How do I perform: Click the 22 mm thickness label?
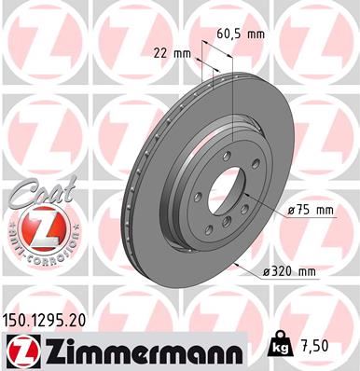pyautogui.click(x=168, y=52)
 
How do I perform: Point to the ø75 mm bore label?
pyautogui.click(x=312, y=211)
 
